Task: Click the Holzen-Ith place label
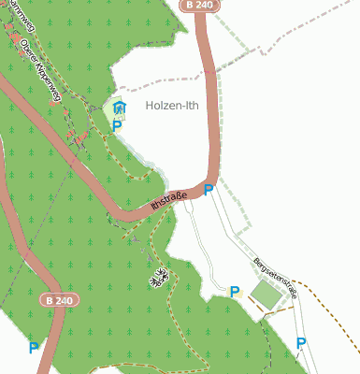[173, 107]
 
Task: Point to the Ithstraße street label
[169, 198]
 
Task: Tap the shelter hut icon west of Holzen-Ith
[119, 108]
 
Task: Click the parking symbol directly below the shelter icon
[118, 125]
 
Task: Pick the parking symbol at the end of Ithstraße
[209, 190]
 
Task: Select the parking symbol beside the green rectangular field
[235, 292]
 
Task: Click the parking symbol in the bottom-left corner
[34, 348]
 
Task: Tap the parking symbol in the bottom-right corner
[300, 343]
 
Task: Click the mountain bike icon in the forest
[159, 275]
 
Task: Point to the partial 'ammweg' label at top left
[12, 11]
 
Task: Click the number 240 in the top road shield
[205, 6]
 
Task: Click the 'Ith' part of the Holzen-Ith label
[192, 107]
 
